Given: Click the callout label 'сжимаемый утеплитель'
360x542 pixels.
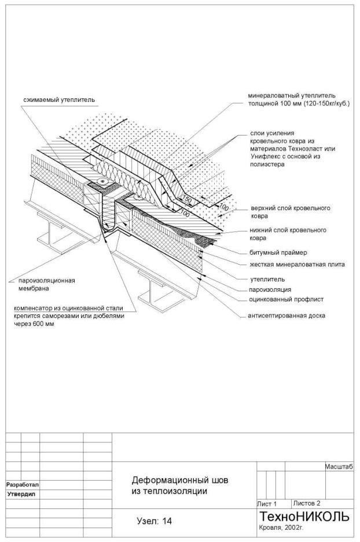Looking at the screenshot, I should tap(55, 100).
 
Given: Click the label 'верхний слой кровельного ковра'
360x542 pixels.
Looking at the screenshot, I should tap(289, 211).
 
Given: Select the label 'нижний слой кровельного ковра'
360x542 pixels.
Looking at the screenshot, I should tap(288, 233).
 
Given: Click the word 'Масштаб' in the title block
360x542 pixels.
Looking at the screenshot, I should tap(340, 466).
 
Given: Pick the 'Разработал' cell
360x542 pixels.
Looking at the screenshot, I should tap(22, 484).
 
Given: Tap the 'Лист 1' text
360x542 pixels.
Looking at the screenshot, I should tap(267, 504).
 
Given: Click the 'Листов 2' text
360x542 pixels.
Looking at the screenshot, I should tap(307, 503).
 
